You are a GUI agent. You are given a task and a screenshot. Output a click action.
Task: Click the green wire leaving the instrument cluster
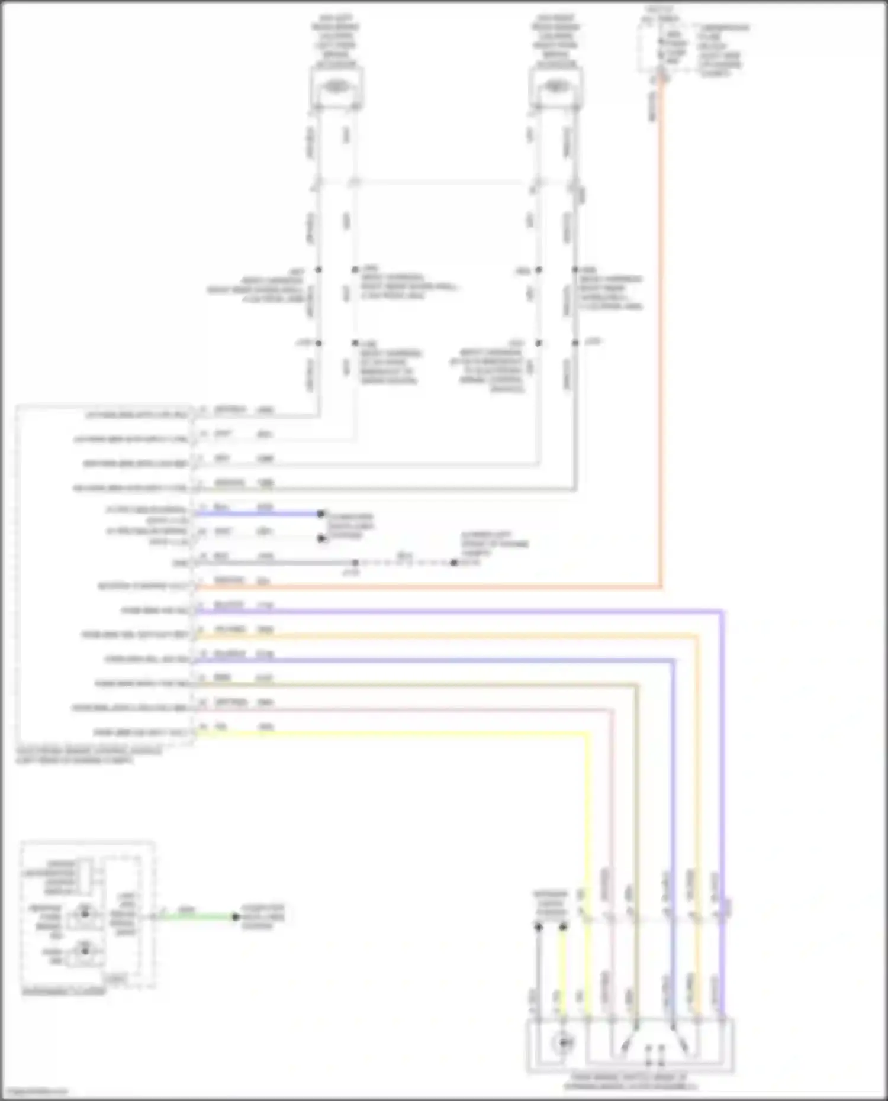195,917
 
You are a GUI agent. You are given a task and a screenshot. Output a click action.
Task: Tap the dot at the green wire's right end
236,917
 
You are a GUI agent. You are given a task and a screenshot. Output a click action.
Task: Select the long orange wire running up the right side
661,355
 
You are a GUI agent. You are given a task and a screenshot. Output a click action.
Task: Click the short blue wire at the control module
255,514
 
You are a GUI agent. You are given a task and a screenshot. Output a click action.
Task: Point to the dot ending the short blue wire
321,514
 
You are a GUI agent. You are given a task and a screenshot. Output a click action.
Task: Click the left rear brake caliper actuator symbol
336,87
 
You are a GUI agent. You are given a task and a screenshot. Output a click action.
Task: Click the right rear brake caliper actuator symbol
555,87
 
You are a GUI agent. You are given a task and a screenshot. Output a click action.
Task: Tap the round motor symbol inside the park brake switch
563,1042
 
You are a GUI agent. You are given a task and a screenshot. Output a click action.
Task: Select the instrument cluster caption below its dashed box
64,991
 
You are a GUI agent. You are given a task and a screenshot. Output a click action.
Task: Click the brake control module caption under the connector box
89,755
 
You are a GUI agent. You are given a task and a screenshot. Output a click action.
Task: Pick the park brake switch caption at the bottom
630,1082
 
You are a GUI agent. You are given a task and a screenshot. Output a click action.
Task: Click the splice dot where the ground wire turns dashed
355,563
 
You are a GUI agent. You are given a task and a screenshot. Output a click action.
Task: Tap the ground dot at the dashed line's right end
453,563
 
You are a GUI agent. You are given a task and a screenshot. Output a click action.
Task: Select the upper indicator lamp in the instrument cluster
85,914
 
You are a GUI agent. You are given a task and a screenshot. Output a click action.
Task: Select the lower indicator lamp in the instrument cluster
85,951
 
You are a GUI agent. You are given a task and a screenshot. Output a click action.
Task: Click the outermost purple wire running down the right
722,769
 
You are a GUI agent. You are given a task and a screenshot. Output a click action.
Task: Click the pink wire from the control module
403,709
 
